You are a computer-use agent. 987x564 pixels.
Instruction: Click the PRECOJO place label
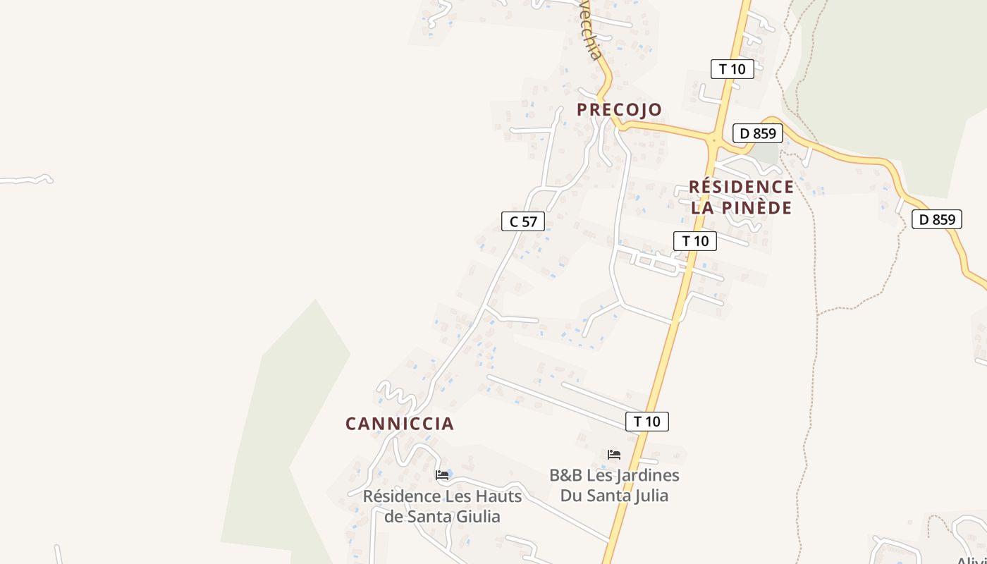coord(619,109)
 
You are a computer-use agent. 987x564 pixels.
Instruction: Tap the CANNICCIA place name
coord(399,424)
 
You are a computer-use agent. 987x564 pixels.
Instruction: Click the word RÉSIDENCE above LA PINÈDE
coord(741,187)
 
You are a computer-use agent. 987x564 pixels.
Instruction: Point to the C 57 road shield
coord(523,221)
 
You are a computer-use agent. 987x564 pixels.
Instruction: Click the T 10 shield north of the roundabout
coord(732,69)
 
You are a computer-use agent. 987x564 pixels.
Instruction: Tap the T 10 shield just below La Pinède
coord(695,241)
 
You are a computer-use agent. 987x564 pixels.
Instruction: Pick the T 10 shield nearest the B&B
coord(646,422)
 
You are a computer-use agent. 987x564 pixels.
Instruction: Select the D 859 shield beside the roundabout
coord(758,133)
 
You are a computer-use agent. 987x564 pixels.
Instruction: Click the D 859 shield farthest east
coord(937,219)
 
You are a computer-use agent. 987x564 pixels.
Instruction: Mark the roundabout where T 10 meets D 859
coord(714,140)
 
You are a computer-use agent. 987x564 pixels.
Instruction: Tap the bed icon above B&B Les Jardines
coord(614,455)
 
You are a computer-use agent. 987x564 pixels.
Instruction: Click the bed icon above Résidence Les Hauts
coord(442,475)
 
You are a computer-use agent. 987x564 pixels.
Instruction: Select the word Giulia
coord(476,517)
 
